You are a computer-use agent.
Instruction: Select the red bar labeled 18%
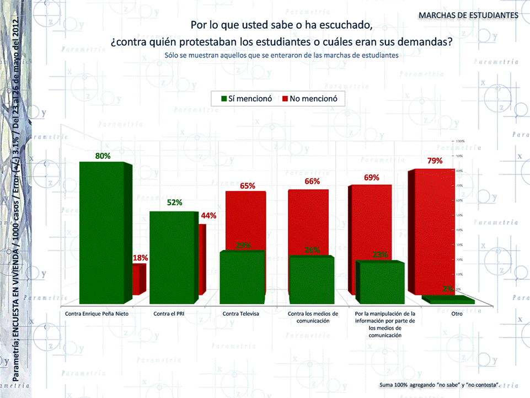138,279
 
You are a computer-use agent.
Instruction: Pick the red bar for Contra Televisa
245,221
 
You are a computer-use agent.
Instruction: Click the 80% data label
103,156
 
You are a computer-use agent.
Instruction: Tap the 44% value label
208,216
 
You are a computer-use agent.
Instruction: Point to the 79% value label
436,161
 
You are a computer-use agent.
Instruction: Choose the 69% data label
371,178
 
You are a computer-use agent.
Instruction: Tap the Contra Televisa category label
240,314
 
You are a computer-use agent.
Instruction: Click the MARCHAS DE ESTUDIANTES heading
468,15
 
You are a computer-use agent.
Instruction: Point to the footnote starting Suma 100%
440,384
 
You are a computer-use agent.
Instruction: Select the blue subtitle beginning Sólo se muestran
281,55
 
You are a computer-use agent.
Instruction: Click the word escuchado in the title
340,25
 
